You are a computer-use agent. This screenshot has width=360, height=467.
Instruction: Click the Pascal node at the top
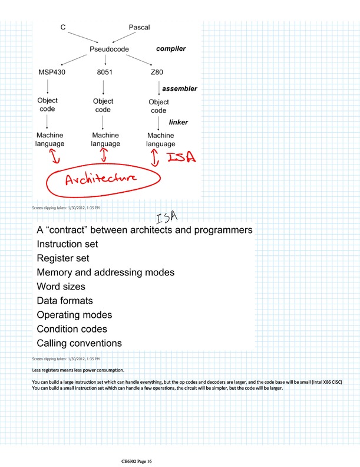pos(140,28)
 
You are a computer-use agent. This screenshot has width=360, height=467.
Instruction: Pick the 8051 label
pos(105,73)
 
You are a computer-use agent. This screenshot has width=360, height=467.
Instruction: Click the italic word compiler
pos(171,49)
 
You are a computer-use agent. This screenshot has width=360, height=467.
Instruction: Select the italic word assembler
pos(179,88)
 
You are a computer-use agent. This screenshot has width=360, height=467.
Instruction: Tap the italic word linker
pos(179,123)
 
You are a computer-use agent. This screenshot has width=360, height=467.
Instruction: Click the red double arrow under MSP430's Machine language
pos(52,156)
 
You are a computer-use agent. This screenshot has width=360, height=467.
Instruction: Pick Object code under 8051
pos(103,106)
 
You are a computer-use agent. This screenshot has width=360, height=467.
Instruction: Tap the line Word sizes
pos(61,287)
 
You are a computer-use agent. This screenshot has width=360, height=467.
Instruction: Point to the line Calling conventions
pos(79,343)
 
